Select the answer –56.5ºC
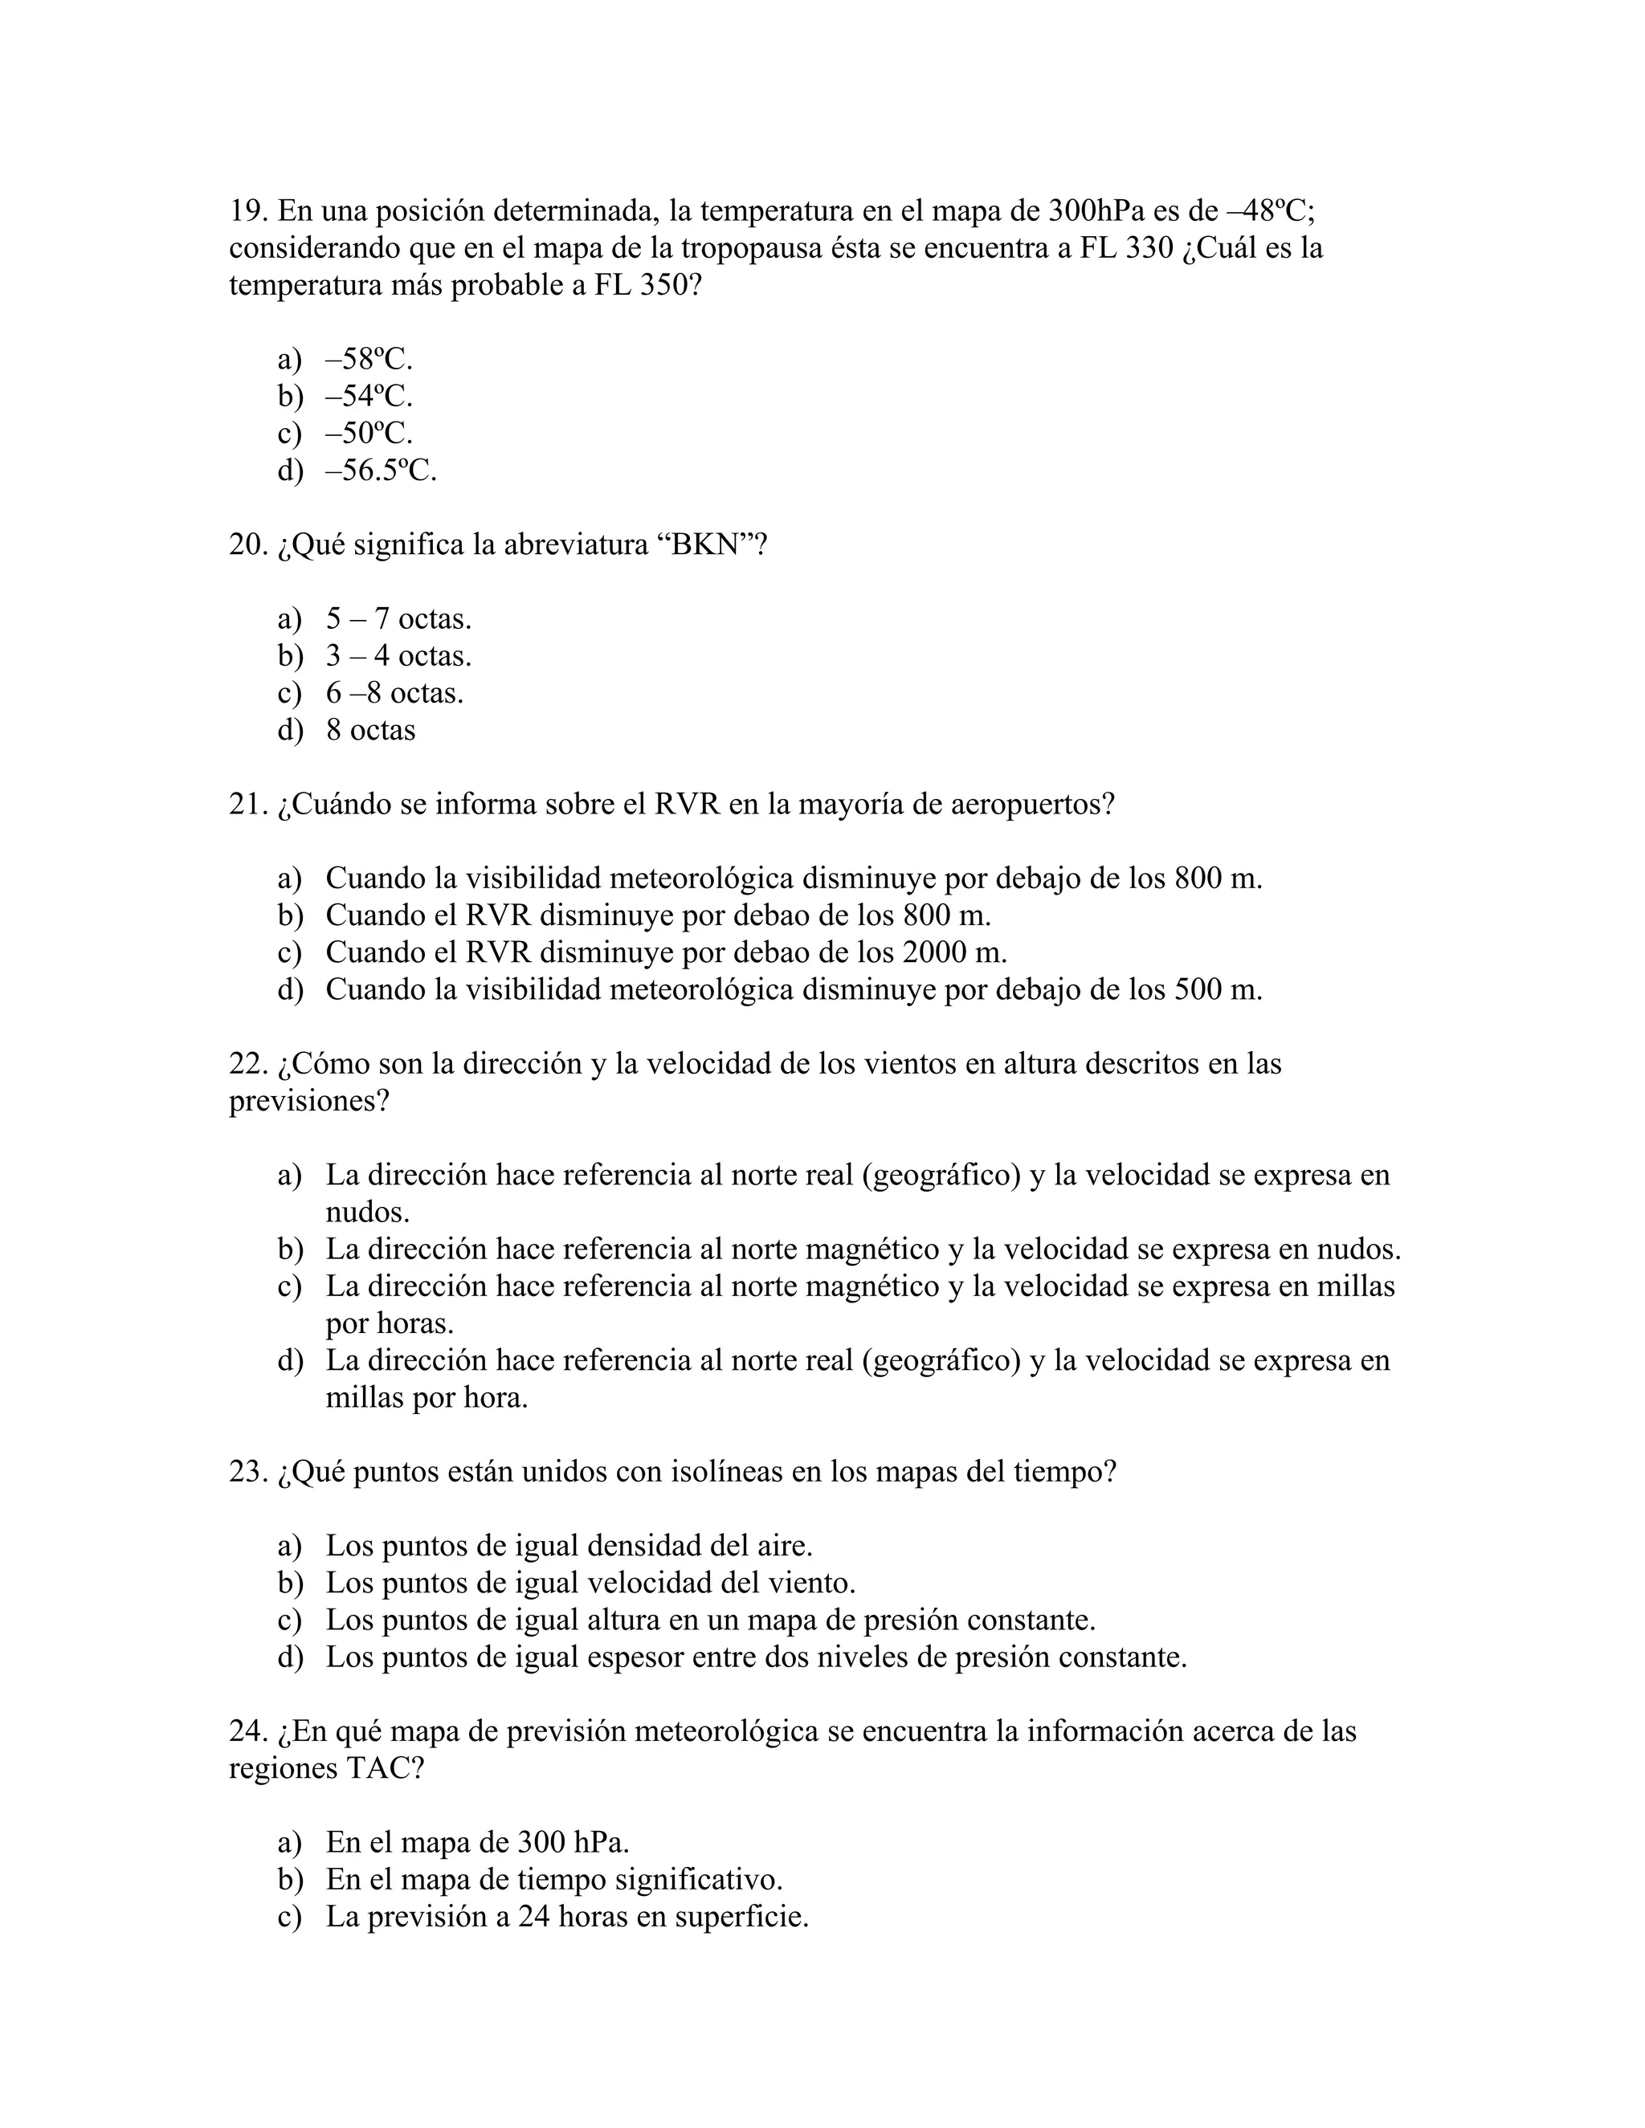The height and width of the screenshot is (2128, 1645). (x=381, y=471)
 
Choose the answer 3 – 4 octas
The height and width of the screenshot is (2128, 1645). (x=398, y=656)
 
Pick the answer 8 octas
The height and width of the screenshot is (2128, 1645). (x=370, y=730)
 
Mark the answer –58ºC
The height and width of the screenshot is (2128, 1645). (x=369, y=360)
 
